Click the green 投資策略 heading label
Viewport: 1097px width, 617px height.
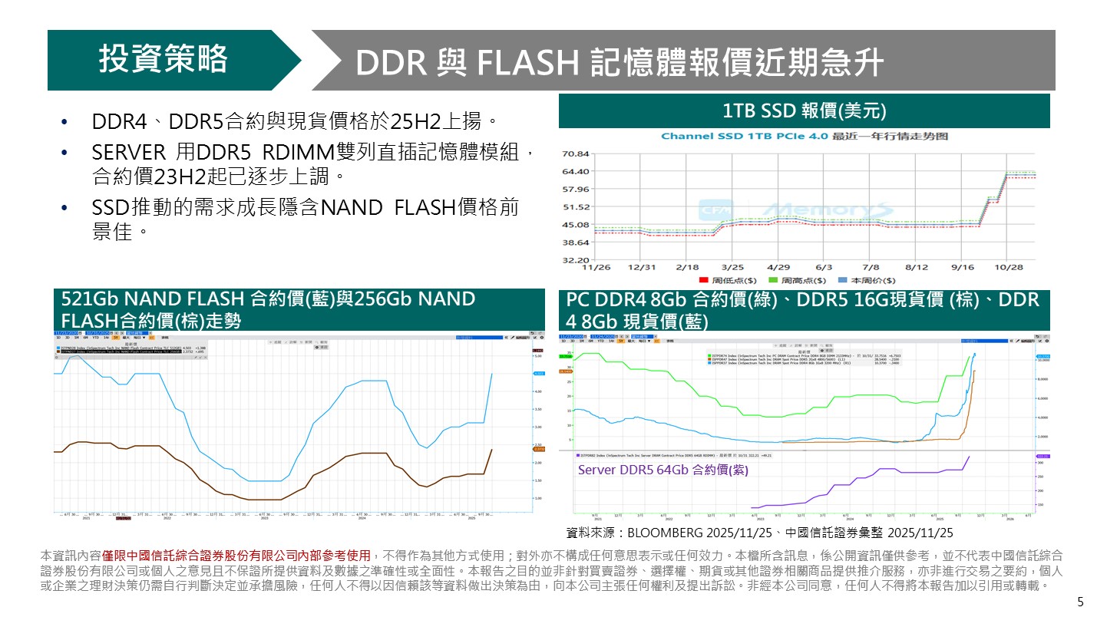pyautogui.click(x=163, y=60)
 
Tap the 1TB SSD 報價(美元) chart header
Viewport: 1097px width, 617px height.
pyautogui.click(x=804, y=111)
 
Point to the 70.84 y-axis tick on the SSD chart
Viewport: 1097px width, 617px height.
pyautogui.click(x=575, y=153)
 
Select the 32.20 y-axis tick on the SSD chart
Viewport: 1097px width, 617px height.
pyautogui.click(x=575, y=260)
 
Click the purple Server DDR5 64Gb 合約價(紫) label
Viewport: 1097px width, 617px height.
pyautogui.click(x=662, y=470)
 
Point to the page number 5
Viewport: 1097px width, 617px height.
pyautogui.click(x=1081, y=602)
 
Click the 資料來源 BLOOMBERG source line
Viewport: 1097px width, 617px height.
pyautogui.click(x=758, y=532)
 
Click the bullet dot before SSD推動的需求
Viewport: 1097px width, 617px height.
pyautogui.click(x=64, y=210)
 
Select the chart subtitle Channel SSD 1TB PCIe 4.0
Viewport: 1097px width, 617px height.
pyautogui.click(x=804, y=137)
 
